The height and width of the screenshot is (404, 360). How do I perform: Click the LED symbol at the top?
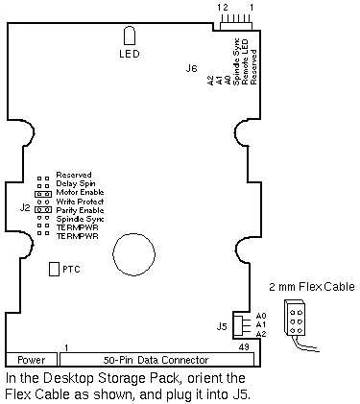(x=130, y=36)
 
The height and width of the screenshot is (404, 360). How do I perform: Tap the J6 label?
(x=191, y=68)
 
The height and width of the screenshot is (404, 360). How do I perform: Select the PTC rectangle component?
(x=54, y=269)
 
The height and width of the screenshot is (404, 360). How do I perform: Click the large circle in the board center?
(x=134, y=254)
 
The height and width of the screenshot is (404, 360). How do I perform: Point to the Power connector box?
(x=32, y=360)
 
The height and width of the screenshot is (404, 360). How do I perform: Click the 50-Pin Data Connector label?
(x=156, y=360)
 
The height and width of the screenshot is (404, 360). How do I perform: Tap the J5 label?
(x=222, y=326)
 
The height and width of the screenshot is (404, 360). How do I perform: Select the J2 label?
(x=25, y=208)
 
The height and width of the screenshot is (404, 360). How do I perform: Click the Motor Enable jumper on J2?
(x=43, y=194)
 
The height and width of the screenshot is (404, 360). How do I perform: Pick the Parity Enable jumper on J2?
(x=43, y=210)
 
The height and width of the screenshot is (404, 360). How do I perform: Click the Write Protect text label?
(x=80, y=202)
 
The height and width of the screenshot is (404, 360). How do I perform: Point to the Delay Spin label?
(x=76, y=183)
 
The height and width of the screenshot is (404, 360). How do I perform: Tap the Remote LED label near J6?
(x=245, y=61)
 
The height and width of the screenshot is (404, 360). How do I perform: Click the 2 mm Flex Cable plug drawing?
(x=295, y=318)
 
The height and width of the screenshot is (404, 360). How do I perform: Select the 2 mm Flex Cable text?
(x=312, y=286)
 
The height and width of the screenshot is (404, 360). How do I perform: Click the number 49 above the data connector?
(x=244, y=347)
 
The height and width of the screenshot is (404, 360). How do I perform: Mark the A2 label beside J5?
(x=261, y=334)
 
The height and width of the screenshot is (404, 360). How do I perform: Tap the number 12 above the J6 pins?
(x=223, y=7)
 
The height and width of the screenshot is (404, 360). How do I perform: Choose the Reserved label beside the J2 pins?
(x=74, y=175)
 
